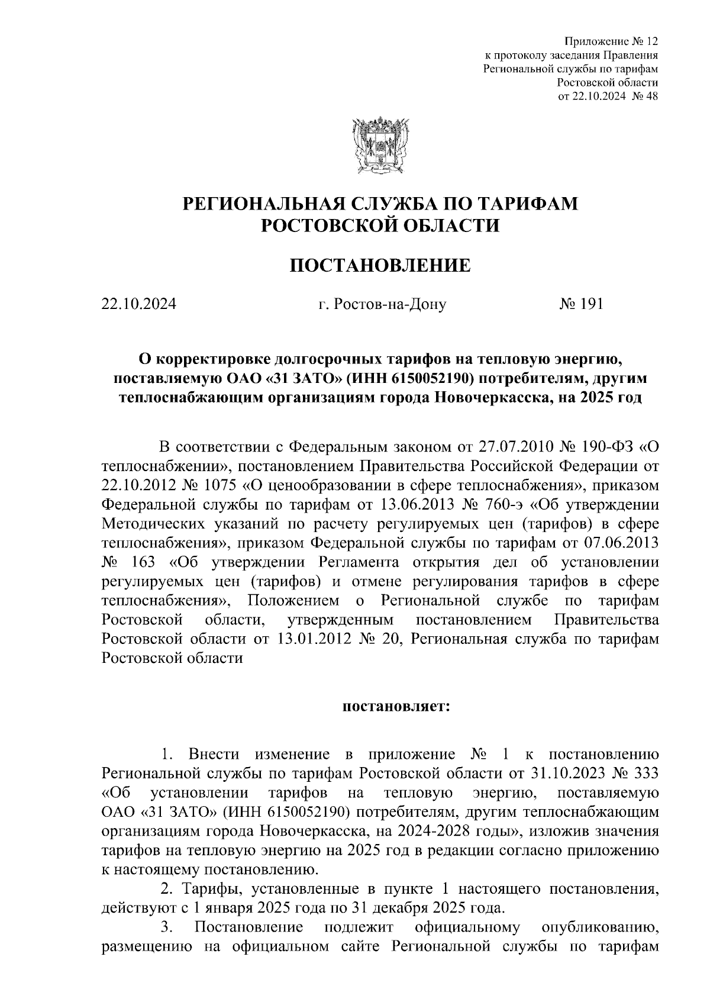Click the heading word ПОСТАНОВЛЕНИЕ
380,266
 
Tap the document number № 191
580,304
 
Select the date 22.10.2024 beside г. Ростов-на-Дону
139,304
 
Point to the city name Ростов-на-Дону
390,305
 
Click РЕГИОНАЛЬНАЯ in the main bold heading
259,204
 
